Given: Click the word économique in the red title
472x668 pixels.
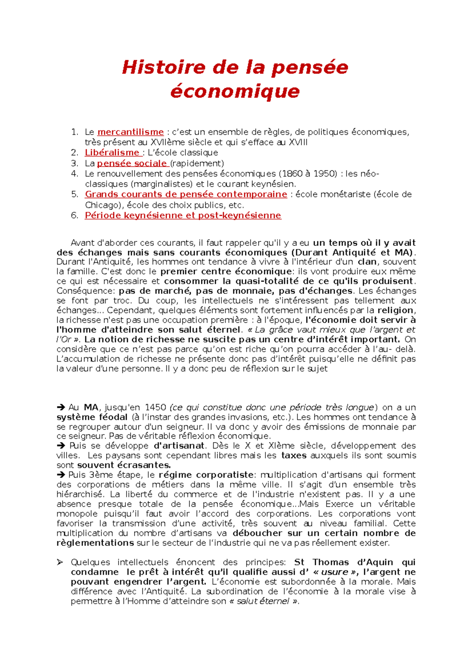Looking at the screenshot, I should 235,91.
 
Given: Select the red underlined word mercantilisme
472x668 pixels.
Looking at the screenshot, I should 130,132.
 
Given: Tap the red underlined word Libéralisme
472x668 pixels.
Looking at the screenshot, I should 112,153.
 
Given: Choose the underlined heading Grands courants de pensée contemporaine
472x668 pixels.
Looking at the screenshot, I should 186,194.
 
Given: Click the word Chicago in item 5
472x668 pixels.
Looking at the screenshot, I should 101,205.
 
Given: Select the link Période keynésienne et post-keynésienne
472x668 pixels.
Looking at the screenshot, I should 183,216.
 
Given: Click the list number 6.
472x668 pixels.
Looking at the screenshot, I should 74,216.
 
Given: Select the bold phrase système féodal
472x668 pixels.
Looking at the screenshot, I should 92,417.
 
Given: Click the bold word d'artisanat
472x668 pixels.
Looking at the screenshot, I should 179,446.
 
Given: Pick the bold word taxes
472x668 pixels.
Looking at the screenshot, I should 293,456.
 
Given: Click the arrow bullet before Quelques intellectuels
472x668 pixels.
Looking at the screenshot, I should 60,563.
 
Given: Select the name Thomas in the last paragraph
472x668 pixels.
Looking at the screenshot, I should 330,563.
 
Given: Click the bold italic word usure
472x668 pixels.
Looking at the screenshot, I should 334,572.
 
